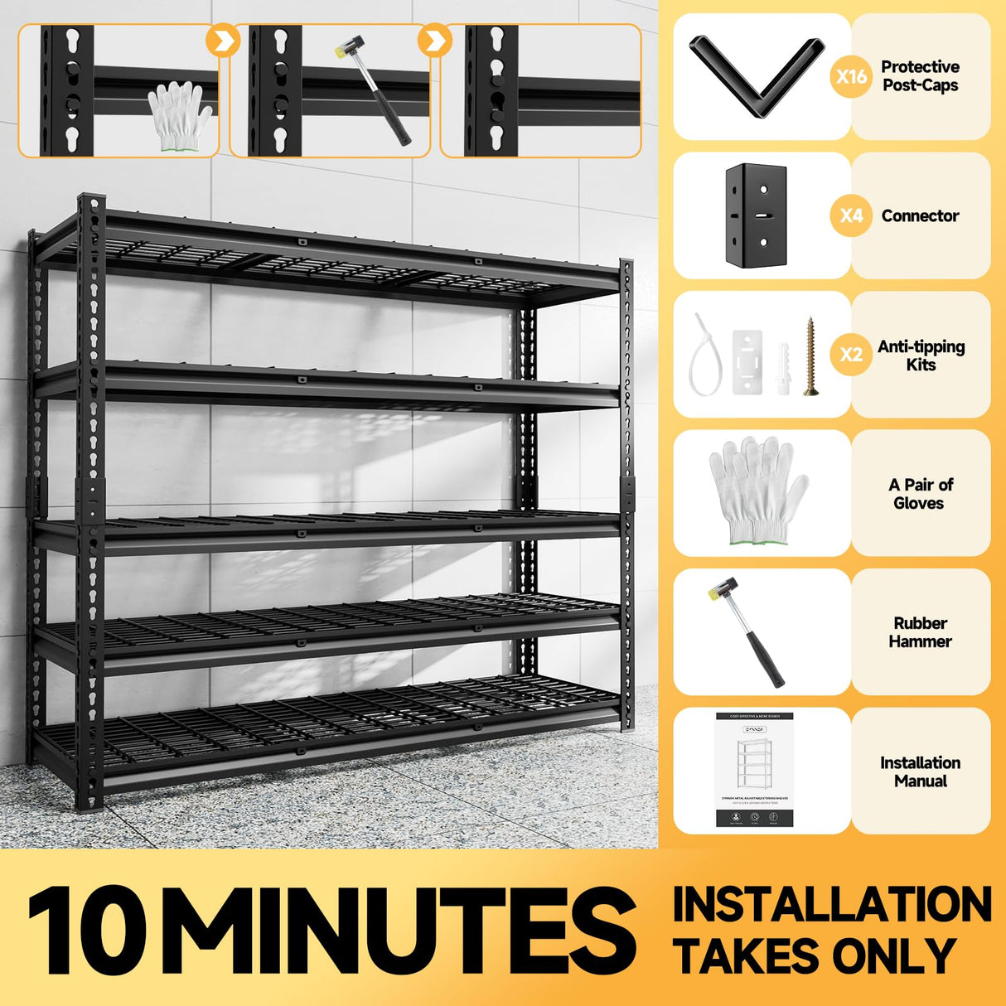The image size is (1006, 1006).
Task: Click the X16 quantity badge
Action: pyautogui.click(x=851, y=77)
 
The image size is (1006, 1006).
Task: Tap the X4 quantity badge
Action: pyautogui.click(x=851, y=215)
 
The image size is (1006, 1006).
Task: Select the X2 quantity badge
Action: pyautogui.click(x=851, y=355)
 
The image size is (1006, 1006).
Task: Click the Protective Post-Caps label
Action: pyautogui.click(x=920, y=76)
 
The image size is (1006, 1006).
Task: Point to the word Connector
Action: pyautogui.click(x=920, y=215)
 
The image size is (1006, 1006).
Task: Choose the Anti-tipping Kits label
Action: pyautogui.click(x=921, y=355)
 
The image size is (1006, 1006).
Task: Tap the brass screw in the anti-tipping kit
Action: pyautogui.click(x=810, y=355)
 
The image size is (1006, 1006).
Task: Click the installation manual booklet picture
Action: pyautogui.click(x=754, y=769)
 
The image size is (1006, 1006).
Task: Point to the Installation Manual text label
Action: pyautogui.click(x=920, y=771)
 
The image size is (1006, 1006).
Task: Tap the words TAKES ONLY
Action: pyautogui.click(x=815, y=955)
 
